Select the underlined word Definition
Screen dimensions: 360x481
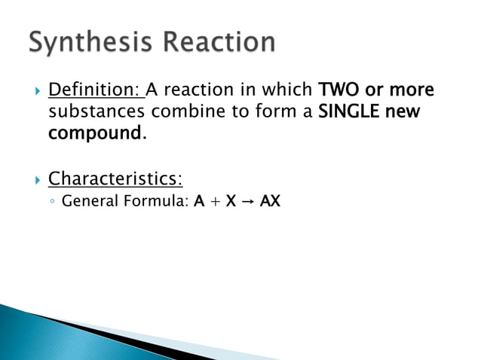tap(94, 91)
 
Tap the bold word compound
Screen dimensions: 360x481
tap(94, 135)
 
